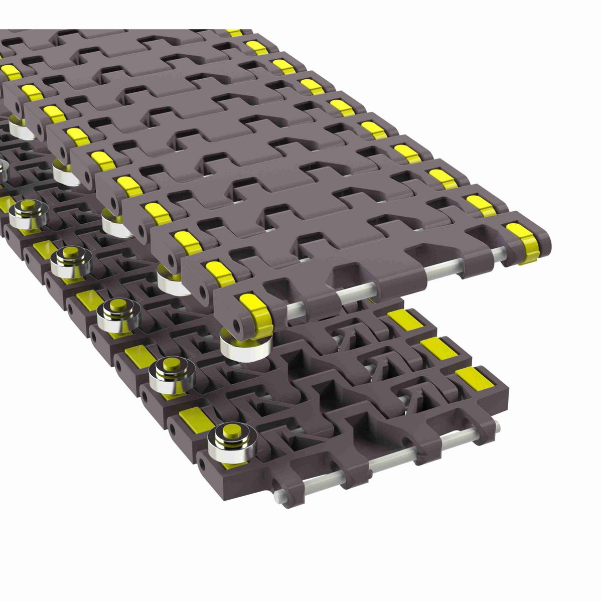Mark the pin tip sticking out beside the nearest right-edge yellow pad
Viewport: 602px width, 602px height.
(497, 426)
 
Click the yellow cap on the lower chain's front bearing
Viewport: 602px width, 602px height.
(230, 431)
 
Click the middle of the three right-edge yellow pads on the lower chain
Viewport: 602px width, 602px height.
(436, 348)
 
